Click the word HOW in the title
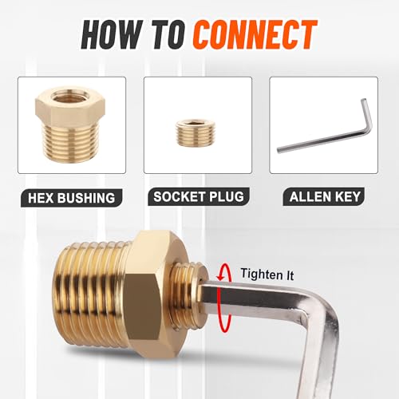pos(112,35)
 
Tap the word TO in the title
pos(169,35)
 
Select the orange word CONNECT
pos(255,35)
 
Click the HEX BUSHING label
pos(71,198)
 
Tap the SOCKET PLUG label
pos(199,197)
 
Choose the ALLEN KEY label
pos(325,197)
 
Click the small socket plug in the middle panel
pos(192,132)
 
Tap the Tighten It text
pos(267,274)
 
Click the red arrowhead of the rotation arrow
pos(220,278)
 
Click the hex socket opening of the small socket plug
pos(192,122)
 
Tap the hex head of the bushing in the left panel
pos(70,107)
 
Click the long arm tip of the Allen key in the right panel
pos(279,150)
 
